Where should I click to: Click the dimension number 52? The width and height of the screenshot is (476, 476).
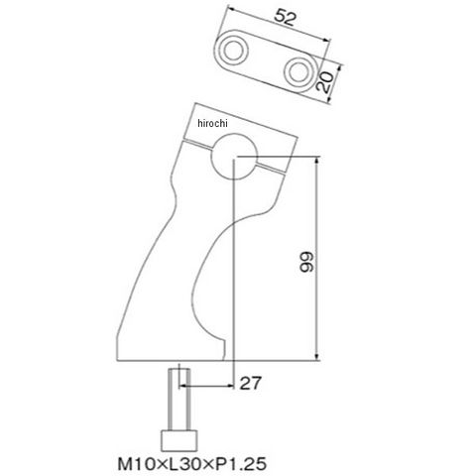(x=285, y=18)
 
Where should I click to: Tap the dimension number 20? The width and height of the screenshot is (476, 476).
(x=324, y=81)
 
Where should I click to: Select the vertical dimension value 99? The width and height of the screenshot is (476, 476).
(x=306, y=262)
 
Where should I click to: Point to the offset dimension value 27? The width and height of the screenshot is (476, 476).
(x=250, y=383)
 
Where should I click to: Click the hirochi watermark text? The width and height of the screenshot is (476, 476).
(x=213, y=123)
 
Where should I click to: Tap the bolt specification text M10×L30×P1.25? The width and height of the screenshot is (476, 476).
(x=192, y=464)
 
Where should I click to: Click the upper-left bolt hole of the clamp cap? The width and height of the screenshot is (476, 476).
(x=234, y=51)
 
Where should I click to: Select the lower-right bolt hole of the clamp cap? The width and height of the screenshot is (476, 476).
(x=298, y=72)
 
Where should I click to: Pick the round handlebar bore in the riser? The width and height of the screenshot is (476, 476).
(x=234, y=156)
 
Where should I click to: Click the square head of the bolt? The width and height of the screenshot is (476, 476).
(x=178, y=440)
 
